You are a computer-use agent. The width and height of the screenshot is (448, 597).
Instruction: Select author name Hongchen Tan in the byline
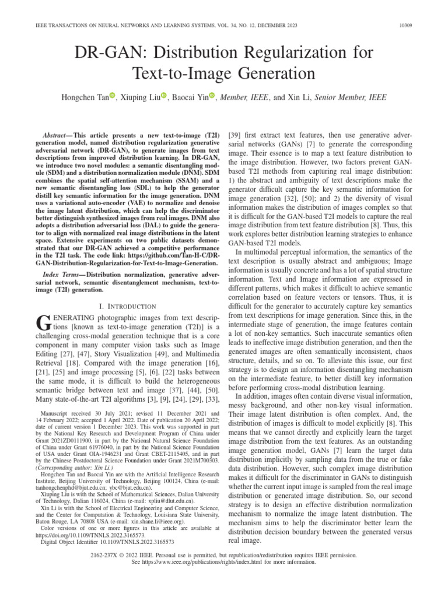[85, 96]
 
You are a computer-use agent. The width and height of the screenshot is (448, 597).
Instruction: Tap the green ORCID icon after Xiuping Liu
[164, 96]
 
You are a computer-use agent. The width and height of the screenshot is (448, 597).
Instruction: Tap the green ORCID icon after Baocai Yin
[212, 96]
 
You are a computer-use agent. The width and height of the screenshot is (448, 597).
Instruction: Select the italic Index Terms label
[64, 274]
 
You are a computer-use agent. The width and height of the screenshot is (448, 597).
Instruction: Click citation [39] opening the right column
[235, 135]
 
